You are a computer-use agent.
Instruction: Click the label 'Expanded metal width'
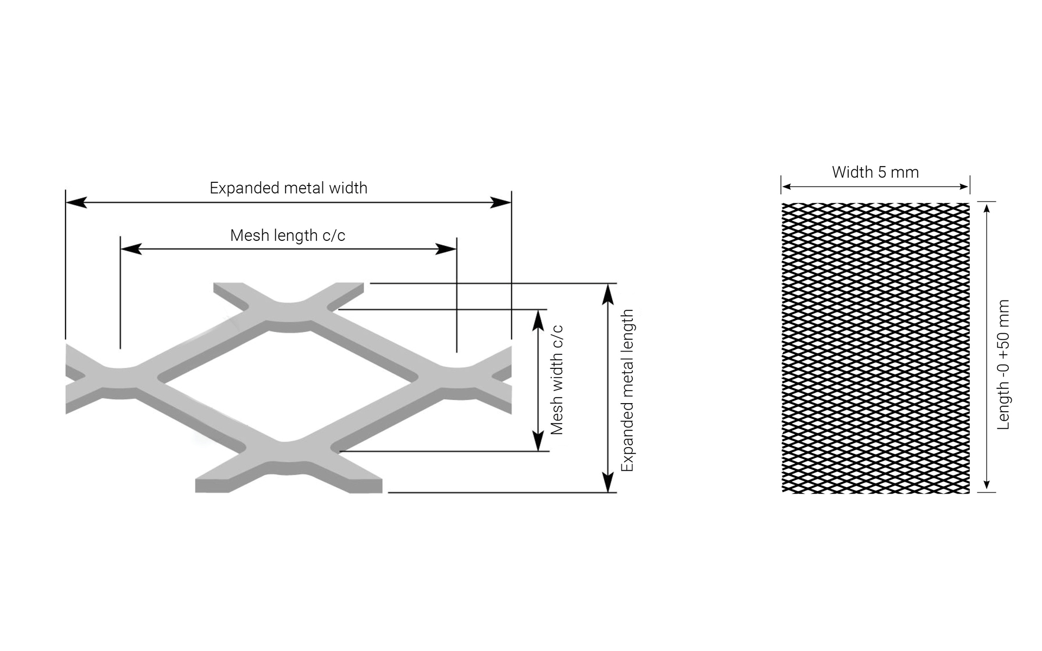288,188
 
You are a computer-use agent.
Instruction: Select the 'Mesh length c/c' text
288,235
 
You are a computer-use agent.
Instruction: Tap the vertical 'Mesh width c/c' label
557,380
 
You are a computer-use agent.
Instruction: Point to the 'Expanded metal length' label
627,391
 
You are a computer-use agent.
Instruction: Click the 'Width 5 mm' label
875,173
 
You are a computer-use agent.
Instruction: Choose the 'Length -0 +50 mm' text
1003,365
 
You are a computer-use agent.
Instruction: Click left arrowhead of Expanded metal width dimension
76,202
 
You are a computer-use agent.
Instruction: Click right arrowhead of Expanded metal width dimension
500,202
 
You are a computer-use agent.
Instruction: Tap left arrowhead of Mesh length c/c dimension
131,249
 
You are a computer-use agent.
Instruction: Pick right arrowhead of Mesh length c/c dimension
446,249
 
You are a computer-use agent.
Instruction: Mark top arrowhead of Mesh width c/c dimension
538,320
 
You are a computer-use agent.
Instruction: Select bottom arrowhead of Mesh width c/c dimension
538,441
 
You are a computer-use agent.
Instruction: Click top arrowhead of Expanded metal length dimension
608,293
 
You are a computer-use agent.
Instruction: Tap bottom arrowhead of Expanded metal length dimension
608,482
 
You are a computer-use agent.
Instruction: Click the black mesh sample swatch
875,348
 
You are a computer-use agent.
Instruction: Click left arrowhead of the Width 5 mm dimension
786,187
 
